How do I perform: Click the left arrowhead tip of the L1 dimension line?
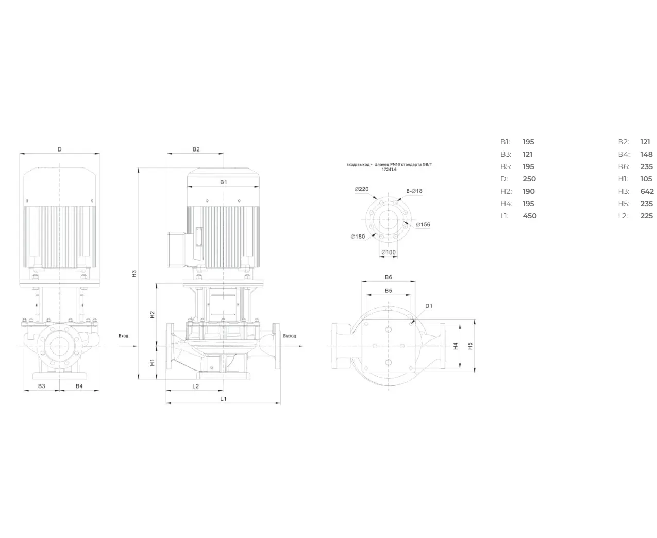(x=166, y=403)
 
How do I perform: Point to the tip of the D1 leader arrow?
(x=411, y=324)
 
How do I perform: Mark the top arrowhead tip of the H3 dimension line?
(x=138, y=168)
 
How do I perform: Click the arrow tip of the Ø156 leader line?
(x=404, y=222)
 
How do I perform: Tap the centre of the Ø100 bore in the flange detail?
(x=389, y=220)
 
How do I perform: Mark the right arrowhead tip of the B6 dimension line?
(x=415, y=281)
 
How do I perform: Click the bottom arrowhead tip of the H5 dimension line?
(x=475, y=373)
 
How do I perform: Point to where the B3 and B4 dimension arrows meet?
(x=59, y=390)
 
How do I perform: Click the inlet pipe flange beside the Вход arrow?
(x=170, y=346)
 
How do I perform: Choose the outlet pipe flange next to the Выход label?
(x=276, y=346)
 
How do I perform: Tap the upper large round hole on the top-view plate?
(x=389, y=330)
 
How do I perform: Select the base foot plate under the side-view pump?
(x=223, y=376)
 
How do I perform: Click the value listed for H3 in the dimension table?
(x=647, y=191)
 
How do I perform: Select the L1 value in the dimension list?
(x=530, y=216)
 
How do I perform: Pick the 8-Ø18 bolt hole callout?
(x=414, y=191)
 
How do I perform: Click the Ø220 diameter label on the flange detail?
(x=361, y=189)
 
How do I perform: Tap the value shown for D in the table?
(x=529, y=179)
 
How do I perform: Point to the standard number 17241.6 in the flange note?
(x=389, y=170)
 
